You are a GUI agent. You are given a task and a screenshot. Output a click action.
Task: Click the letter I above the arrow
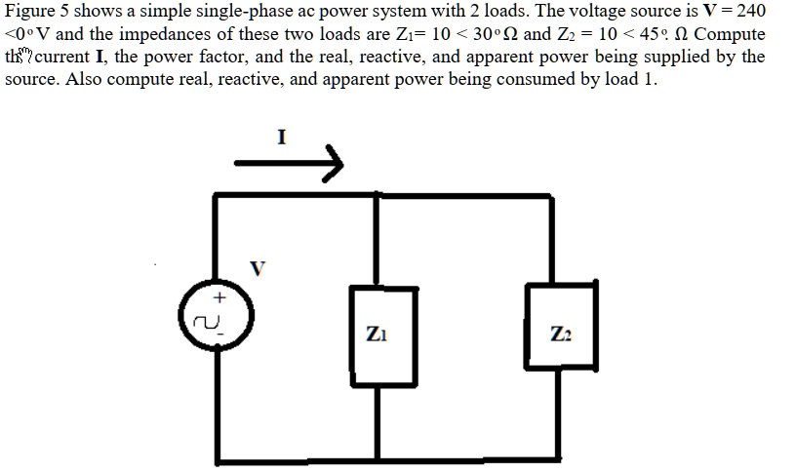pyautogui.click(x=282, y=138)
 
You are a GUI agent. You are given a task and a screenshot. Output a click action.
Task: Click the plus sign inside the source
pyautogui.click(x=219, y=296)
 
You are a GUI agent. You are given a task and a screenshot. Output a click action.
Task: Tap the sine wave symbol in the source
pyautogui.click(x=208, y=318)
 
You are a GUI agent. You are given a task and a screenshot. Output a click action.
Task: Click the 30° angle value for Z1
pyautogui.click(x=484, y=34)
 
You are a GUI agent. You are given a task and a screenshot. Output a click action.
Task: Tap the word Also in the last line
pyautogui.click(x=86, y=79)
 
